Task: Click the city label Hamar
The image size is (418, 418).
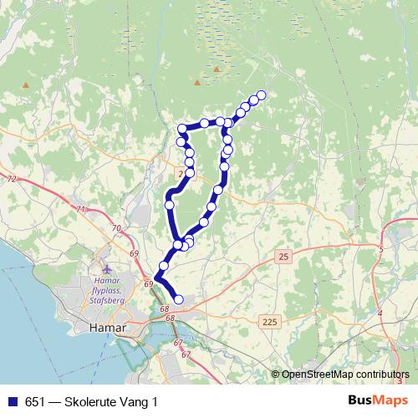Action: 106,329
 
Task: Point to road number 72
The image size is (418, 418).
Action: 10,180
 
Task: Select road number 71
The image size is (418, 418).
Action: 81,209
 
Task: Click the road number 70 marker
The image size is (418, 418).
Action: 116,228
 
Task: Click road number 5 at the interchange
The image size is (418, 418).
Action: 380,249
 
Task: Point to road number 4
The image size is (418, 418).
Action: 380,313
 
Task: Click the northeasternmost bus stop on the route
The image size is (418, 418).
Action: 261,95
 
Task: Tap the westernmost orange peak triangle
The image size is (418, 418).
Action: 28,84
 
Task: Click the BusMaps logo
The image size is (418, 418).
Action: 376,401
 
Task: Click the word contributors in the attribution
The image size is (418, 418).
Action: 380,375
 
